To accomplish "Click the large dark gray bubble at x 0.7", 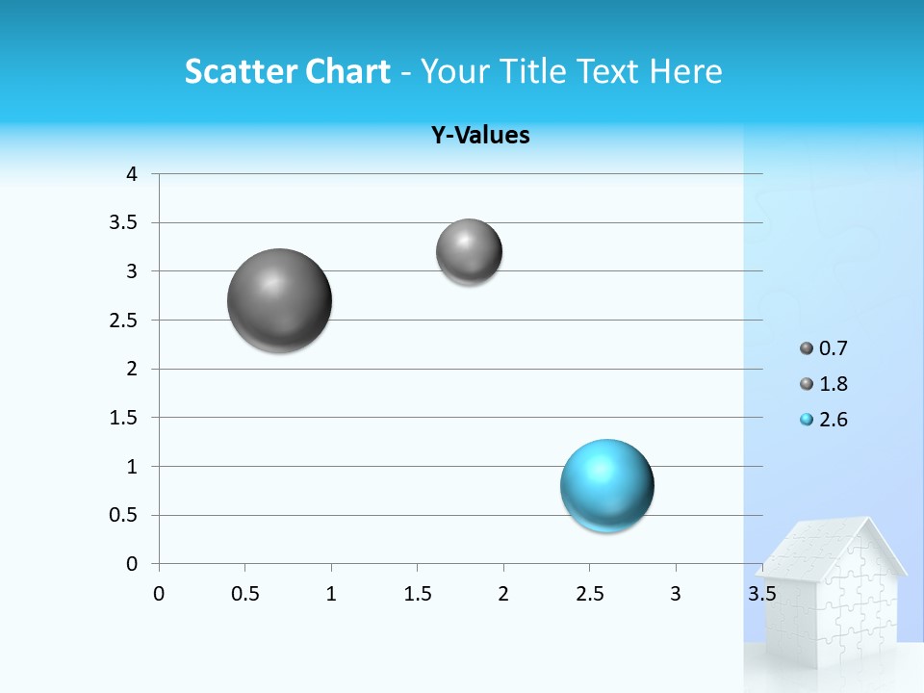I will click(279, 300).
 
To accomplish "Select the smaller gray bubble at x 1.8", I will click(469, 252).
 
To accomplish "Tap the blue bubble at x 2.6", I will click(606, 485).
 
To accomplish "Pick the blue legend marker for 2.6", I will click(807, 420).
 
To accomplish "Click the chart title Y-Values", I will click(480, 136).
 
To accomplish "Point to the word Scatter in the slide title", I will click(240, 71).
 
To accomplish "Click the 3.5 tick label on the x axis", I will click(762, 594).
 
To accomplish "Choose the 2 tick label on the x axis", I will click(503, 594).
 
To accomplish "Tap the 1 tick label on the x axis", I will click(331, 594).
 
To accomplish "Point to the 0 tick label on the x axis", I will click(159, 594).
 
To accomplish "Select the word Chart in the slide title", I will click(347, 71).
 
